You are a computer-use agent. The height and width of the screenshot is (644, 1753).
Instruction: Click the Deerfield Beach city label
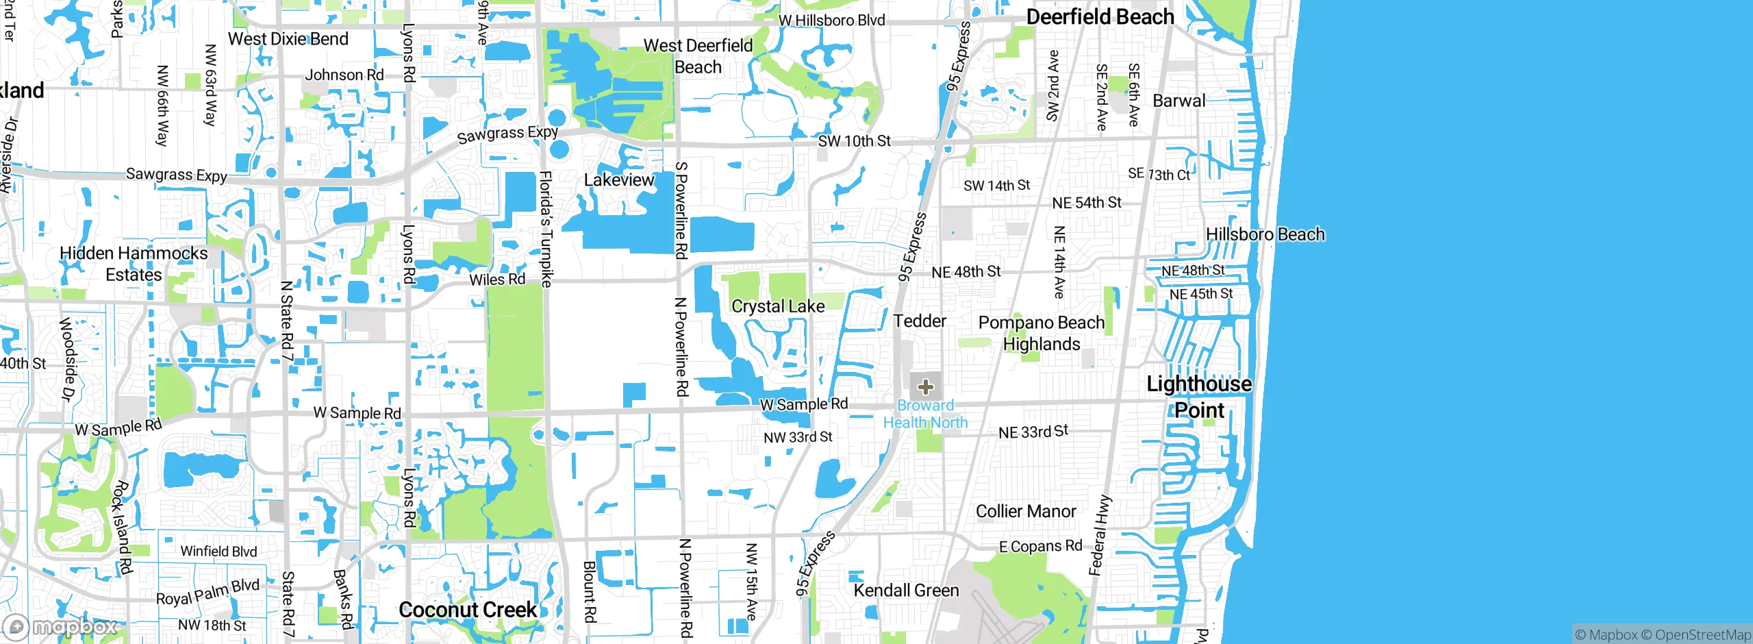tap(1100, 17)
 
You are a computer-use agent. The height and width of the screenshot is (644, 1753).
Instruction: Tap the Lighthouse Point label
tap(1199, 397)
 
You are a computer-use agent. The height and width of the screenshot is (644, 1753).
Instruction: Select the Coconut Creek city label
tap(468, 609)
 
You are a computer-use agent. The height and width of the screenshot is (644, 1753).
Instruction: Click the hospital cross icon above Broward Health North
tap(926, 387)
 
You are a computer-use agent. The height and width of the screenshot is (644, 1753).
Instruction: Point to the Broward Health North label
tap(925, 414)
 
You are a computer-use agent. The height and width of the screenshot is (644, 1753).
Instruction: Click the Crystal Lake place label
tap(778, 306)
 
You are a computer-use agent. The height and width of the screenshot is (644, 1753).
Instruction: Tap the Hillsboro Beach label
tap(1265, 234)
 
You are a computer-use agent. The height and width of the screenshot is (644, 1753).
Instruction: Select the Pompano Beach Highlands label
tap(1041, 333)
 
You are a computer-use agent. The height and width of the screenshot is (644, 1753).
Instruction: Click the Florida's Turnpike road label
tap(546, 229)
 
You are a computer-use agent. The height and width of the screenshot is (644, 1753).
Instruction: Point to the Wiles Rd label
tap(497, 280)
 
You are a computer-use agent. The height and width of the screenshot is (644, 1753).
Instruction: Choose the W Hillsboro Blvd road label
tap(831, 21)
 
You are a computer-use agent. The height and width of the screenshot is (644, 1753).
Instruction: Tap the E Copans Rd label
tap(1040, 546)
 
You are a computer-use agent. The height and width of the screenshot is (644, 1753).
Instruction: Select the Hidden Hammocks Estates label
tap(134, 264)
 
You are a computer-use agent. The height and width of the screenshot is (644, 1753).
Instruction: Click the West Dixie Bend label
tap(288, 39)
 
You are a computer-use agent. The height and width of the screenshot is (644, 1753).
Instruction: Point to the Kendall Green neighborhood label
tap(906, 590)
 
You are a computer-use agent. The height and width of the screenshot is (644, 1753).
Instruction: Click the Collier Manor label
tap(1025, 511)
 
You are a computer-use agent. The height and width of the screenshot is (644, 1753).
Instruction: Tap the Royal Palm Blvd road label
tap(207, 593)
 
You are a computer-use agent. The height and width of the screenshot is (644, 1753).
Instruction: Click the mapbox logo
tap(60, 626)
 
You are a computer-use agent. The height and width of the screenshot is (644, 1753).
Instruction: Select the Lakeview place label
tap(619, 180)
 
